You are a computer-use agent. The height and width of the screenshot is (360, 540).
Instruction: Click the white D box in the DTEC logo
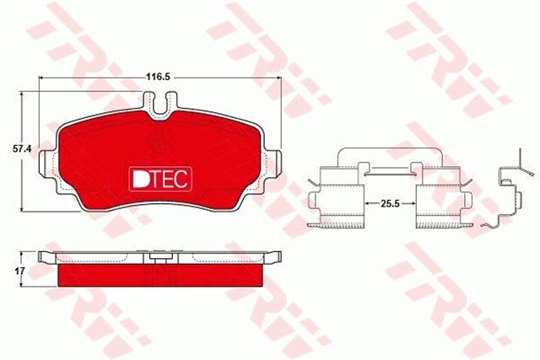click(139, 179)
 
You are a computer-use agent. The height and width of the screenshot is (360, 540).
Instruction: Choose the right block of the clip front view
click(440, 199)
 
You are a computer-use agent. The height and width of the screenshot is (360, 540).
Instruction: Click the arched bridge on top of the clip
click(388, 156)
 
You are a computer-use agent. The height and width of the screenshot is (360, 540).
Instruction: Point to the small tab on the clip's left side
click(313, 180)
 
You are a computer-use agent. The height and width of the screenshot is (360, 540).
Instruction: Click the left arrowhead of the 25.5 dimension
click(365, 203)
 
